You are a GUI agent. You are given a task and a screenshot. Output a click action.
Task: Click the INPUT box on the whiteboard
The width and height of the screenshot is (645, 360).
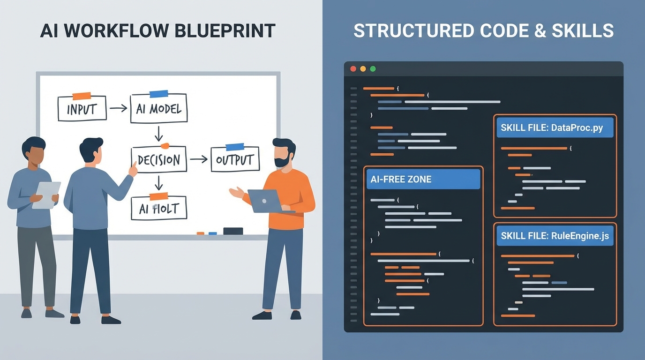tap(82, 109)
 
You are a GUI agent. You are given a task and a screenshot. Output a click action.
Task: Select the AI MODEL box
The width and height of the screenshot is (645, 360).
tap(158, 109)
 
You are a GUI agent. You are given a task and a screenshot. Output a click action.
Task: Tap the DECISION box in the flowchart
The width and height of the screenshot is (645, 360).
tap(159, 160)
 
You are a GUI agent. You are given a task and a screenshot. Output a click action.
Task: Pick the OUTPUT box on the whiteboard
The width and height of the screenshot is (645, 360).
tap(235, 159)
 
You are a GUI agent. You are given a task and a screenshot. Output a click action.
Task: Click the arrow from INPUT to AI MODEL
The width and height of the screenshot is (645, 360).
tap(118, 108)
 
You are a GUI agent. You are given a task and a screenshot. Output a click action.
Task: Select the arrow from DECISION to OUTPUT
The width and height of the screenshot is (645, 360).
tap(198, 159)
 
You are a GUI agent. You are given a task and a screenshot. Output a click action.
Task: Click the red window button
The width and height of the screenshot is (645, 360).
tap(353, 69)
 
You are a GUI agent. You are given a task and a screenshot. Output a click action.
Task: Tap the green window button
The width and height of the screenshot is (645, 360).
tap(373, 69)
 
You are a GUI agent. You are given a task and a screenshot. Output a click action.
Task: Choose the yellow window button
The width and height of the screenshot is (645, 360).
tap(363, 69)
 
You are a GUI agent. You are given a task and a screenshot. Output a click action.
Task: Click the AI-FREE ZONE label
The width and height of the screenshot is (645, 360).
tap(423, 179)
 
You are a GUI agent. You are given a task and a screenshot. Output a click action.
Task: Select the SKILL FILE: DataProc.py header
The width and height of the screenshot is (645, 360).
tap(555, 127)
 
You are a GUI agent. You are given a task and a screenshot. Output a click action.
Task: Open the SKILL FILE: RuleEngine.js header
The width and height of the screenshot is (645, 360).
tap(555, 236)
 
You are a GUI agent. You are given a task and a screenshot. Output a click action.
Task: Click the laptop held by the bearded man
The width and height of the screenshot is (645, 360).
tap(264, 201)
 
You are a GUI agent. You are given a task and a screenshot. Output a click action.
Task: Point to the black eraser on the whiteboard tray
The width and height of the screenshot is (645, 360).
tap(233, 231)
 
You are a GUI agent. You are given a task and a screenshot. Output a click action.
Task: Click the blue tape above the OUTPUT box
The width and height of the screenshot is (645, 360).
tap(235, 147)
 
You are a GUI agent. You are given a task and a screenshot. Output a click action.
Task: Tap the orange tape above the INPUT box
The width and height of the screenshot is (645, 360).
tap(82, 96)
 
